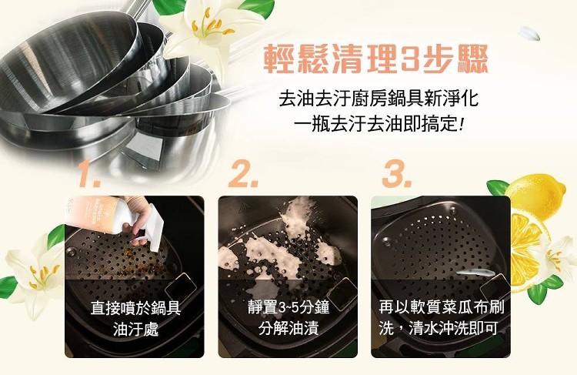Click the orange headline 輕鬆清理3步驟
[376, 59]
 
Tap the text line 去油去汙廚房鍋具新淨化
[379, 99]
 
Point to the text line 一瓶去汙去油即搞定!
[379, 124]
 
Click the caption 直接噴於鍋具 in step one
[135, 307]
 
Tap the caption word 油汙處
[135, 328]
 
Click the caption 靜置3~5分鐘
[288, 307]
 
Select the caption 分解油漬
[288, 328]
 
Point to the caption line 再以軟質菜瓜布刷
[442, 307]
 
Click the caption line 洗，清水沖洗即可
[439, 328]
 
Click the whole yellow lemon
[535, 196]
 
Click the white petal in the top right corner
[529, 34]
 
